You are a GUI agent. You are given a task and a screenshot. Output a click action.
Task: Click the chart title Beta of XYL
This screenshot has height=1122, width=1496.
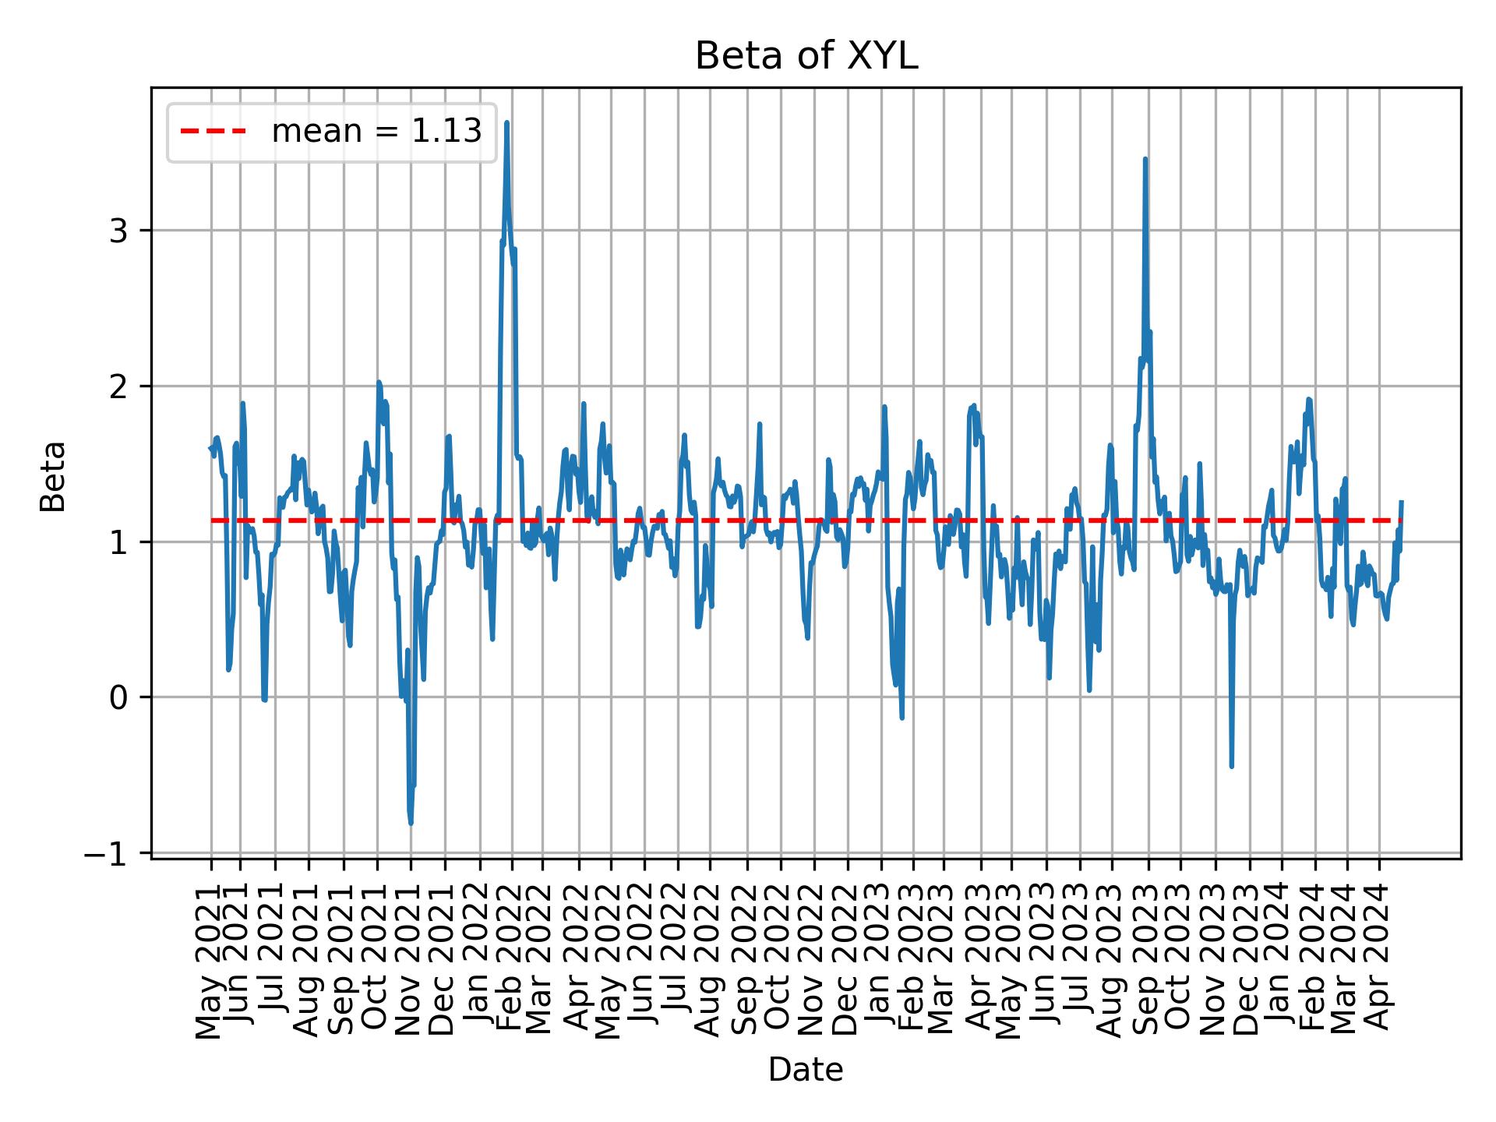pyautogui.click(x=806, y=56)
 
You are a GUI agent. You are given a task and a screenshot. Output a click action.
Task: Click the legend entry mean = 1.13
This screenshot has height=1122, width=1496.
pyautogui.click(x=376, y=132)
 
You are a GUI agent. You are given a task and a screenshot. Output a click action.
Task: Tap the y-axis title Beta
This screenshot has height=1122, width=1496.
pyautogui.click(x=53, y=476)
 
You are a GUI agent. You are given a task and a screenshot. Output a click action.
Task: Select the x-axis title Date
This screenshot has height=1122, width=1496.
pyautogui.click(x=806, y=1071)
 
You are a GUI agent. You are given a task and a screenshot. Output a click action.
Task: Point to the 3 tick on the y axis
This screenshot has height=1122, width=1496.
pyautogui.click(x=118, y=231)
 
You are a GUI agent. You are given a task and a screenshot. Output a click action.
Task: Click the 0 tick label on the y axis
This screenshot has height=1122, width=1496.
pyautogui.click(x=118, y=697)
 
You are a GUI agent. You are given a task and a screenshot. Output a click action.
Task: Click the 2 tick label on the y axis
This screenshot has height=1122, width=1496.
pyautogui.click(x=118, y=386)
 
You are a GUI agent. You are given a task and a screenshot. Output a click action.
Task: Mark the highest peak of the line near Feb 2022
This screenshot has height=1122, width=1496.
pyautogui.click(x=506, y=122)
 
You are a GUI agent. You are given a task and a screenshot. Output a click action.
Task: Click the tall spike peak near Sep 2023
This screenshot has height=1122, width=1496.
pyautogui.click(x=1145, y=159)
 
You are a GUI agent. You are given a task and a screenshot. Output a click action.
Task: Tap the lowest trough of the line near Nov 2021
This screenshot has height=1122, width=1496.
pyautogui.click(x=411, y=823)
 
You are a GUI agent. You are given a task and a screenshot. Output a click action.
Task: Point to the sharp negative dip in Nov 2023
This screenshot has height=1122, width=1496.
pyautogui.click(x=1232, y=766)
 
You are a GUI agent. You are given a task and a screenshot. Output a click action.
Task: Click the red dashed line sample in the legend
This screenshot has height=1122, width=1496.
pyautogui.click(x=213, y=132)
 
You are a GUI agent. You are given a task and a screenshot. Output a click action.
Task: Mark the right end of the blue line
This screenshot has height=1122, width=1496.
pyautogui.click(x=1401, y=502)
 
